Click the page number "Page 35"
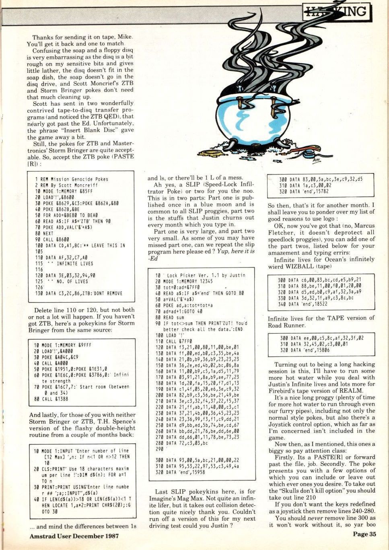point(364,534)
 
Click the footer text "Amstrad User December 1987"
point(74,536)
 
